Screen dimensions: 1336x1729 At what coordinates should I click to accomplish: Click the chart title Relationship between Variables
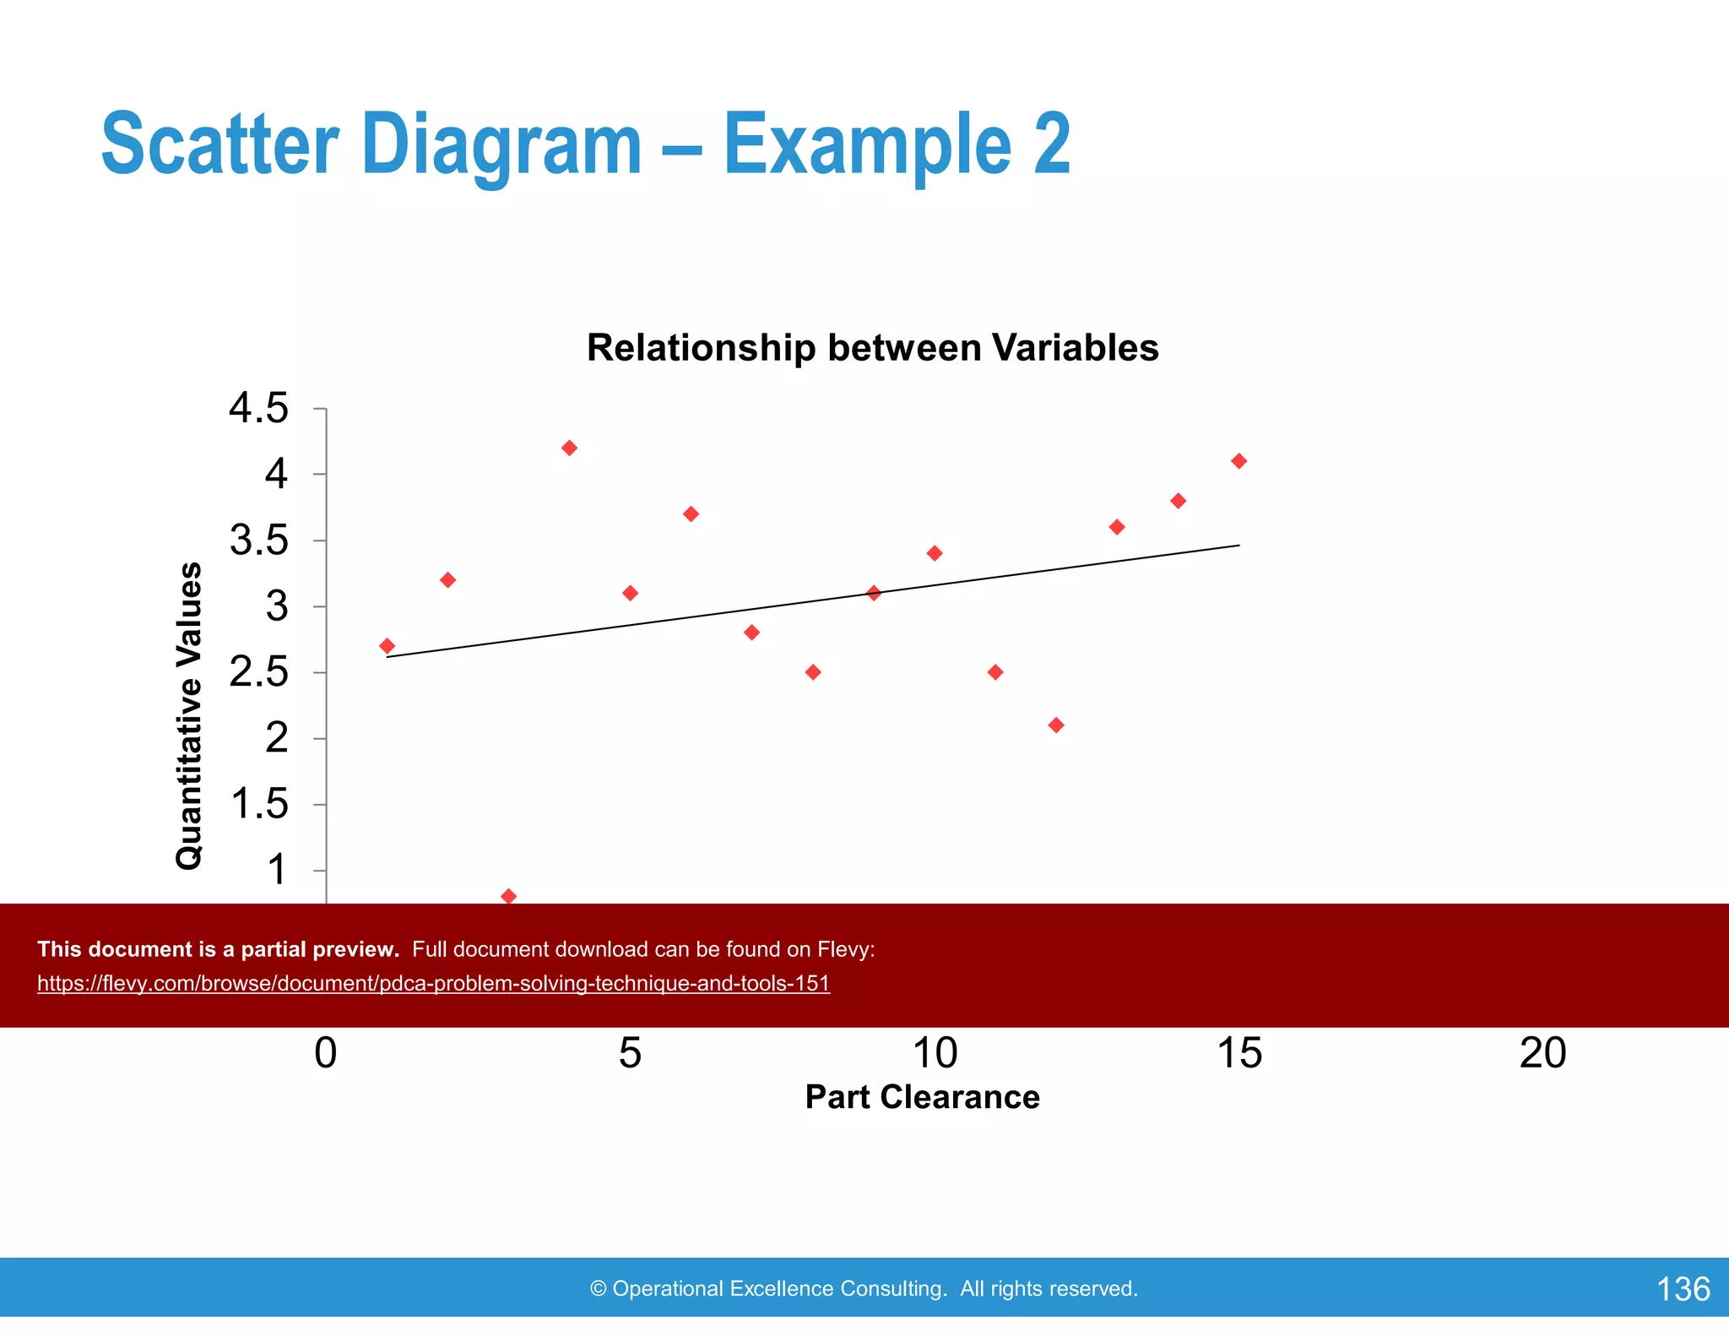pyautogui.click(x=872, y=348)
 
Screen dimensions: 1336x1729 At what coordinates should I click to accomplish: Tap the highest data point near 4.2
pyautogui.click(x=569, y=448)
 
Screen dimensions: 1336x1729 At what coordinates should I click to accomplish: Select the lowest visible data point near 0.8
pyautogui.click(x=508, y=896)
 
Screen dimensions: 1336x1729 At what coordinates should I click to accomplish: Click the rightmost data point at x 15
pyautogui.click(x=1238, y=461)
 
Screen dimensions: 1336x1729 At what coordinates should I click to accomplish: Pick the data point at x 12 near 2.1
pyautogui.click(x=1055, y=725)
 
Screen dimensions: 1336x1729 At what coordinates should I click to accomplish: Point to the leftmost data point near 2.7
pyautogui.click(x=387, y=646)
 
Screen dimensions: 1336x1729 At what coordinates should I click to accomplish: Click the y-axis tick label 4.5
pyautogui.click(x=258, y=409)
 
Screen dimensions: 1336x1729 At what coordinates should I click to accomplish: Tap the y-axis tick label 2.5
pyautogui.click(x=258, y=673)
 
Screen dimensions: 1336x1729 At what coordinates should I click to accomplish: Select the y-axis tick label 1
pyautogui.click(x=276, y=870)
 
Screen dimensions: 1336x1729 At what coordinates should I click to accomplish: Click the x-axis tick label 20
pyautogui.click(x=1542, y=1053)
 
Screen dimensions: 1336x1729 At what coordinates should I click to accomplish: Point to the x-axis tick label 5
pyautogui.click(x=630, y=1053)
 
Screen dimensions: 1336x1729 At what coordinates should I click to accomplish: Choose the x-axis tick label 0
pyautogui.click(x=326, y=1053)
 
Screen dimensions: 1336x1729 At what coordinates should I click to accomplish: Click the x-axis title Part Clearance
pyautogui.click(x=922, y=1097)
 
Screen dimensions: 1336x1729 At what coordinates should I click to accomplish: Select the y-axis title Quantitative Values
pyautogui.click(x=189, y=715)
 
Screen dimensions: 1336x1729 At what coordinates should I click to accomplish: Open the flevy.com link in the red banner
pyautogui.click(x=433, y=984)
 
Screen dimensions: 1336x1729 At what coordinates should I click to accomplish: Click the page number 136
pyautogui.click(x=1683, y=1289)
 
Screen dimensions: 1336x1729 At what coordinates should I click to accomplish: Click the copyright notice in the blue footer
pyautogui.click(x=864, y=1289)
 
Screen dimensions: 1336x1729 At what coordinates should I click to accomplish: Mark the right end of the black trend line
pyautogui.click(x=1238, y=546)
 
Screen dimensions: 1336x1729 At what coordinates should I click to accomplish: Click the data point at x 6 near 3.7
pyautogui.click(x=691, y=514)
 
